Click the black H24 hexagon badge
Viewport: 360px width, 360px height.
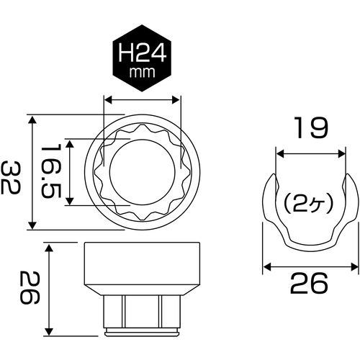[142, 58]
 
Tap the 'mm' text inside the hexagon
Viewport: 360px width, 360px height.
[142, 72]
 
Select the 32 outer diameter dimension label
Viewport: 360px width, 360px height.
[11, 177]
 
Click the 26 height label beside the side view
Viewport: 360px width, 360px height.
[30, 287]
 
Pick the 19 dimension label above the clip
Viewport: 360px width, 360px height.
[311, 127]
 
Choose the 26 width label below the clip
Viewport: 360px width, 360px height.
[309, 283]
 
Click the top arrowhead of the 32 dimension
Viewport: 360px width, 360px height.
[32, 119]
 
